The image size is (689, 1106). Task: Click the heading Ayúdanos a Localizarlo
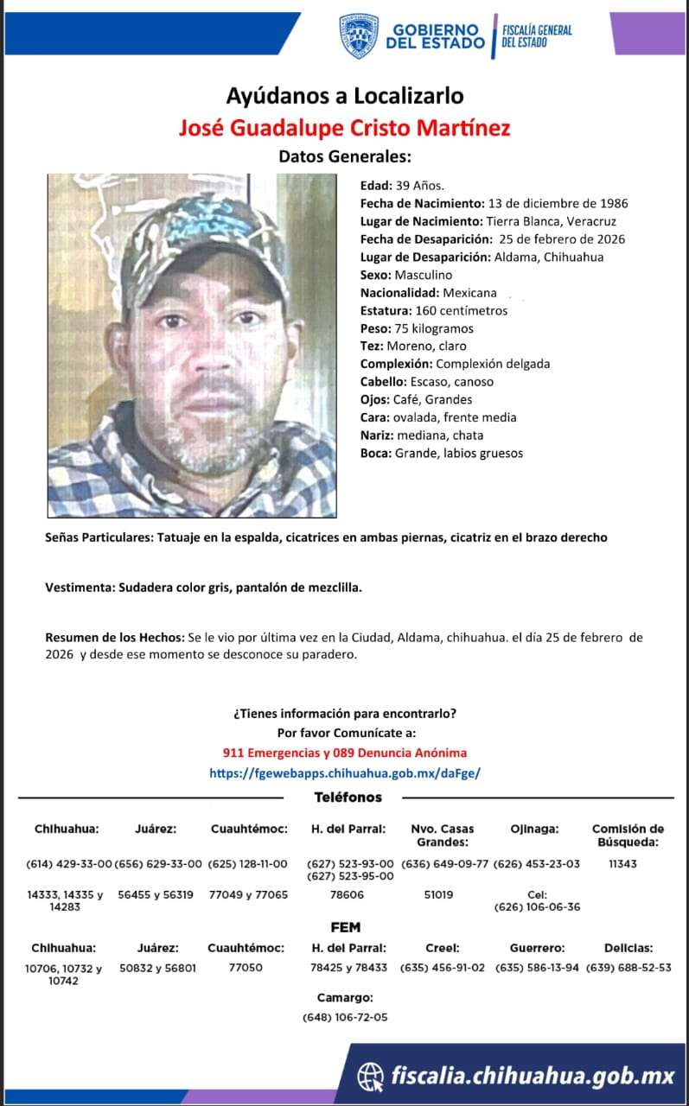[344, 95]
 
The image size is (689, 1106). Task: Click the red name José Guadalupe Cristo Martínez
[344, 128]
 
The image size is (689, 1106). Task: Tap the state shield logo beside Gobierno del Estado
[359, 36]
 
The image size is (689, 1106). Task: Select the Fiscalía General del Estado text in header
[537, 36]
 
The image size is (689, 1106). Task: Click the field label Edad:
[376, 186]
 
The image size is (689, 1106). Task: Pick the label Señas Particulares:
[99, 537]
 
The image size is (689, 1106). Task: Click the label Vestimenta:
[78, 588]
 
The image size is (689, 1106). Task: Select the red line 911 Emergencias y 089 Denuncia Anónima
[344, 753]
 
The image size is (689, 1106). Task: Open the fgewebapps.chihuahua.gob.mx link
[344, 773]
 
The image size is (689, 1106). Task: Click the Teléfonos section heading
[348, 798]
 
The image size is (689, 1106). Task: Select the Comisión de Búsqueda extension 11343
[622, 863]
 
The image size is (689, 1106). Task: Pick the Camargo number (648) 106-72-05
[345, 1017]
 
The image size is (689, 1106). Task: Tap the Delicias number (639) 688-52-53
[628, 968]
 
